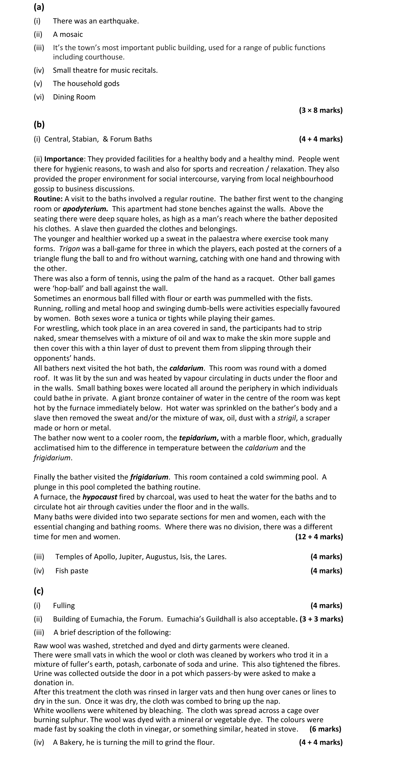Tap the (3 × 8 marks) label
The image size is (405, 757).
[x=321, y=111]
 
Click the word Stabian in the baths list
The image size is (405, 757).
[x=85, y=139]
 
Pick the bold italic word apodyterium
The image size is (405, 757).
[x=85, y=209]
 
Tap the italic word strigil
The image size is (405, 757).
[x=287, y=418]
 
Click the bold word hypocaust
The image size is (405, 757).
[x=100, y=497]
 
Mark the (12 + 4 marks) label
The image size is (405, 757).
[x=319, y=537]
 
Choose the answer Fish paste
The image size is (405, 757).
[x=72, y=571]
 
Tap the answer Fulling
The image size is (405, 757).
[x=64, y=606]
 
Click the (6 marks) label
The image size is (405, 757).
[x=325, y=729]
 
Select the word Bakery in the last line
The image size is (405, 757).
[x=71, y=743]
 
